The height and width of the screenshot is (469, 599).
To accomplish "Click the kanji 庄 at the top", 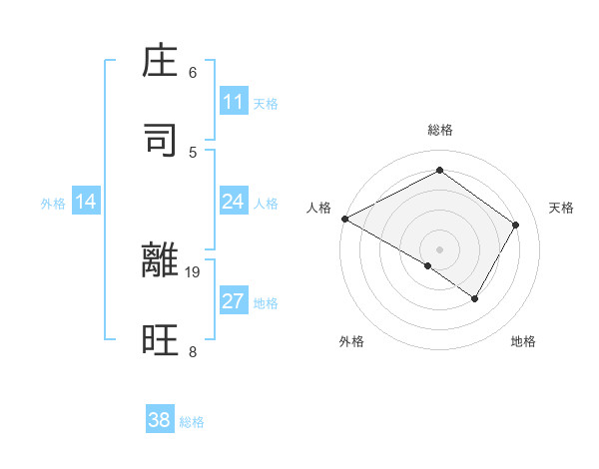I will pyautogui.click(x=161, y=63).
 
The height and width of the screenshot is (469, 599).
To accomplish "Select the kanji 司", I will pyautogui.click(x=161, y=141).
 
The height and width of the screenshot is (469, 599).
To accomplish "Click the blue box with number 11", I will pyautogui.click(x=233, y=102).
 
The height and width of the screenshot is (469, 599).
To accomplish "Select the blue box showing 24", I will pyautogui.click(x=233, y=202).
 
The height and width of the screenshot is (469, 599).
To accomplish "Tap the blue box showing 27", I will pyautogui.click(x=233, y=301).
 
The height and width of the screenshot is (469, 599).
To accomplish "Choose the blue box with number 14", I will pyautogui.click(x=86, y=202).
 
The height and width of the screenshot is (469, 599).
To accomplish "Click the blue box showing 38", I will pyautogui.click(x=160, y=420).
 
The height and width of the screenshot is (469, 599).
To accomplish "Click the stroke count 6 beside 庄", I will pyautogui.click(x=193, y=72).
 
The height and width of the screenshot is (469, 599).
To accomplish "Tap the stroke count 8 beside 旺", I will pyautogui.click(x=193, y=351).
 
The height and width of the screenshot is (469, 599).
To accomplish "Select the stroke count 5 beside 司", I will pyautogui.click(x=193, y=152).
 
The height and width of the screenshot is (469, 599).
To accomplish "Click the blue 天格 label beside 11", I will pyautogui.click(x=266, y=103).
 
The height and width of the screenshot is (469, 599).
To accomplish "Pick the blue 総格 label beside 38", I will pyautogui.click(x=192, y=422).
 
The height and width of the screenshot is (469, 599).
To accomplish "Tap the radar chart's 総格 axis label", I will pyautogui.click(x=439, y=130).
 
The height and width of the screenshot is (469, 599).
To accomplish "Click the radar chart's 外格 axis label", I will pyautogui.click(x=351, y=341).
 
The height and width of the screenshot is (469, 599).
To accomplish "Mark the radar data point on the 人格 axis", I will pyautogui.click(x=344, y=218).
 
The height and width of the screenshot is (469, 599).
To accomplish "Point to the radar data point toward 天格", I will pyautogui.click(x=515, y=225).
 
